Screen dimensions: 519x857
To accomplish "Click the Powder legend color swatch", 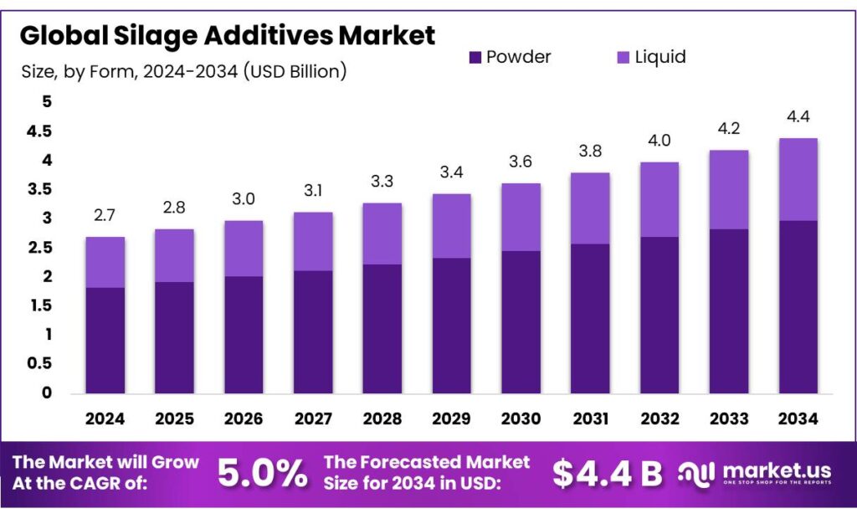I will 475,58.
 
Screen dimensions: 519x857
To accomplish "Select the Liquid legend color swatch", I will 623,58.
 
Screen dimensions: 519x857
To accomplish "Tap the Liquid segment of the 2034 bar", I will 798,179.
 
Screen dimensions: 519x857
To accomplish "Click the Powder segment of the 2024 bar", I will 105,340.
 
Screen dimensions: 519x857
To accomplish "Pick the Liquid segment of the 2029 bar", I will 452,226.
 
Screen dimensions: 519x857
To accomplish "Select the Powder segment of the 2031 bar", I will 590,318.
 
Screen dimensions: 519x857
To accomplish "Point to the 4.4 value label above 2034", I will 798,116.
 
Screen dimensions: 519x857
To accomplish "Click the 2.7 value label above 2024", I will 105,216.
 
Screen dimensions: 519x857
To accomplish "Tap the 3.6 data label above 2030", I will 521,162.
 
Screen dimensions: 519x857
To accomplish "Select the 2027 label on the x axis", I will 313,419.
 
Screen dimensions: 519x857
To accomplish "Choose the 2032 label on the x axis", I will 659,419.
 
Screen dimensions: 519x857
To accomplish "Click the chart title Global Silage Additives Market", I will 227,35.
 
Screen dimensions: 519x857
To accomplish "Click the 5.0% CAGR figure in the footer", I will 262,474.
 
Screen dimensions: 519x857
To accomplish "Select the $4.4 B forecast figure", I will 607,474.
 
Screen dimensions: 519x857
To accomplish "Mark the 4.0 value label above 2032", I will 659,140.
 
